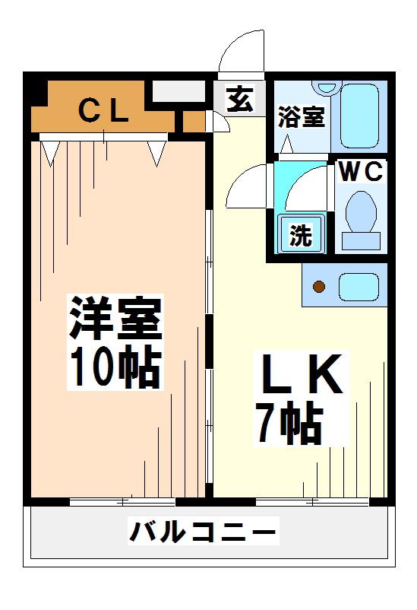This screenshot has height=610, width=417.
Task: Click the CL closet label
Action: click(103, 111)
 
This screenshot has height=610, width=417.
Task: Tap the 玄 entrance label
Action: click(240, 99)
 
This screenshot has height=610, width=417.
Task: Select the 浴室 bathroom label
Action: click(302, 116)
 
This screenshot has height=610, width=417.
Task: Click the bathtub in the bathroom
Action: click(359, 115)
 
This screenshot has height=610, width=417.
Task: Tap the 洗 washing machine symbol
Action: click(301, 234)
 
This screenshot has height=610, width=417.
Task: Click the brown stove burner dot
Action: click(319, 287)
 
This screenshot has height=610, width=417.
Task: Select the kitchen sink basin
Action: click(359, 286)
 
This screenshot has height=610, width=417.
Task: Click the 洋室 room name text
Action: click(115, 318)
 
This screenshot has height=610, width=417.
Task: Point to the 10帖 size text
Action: click(116, 367)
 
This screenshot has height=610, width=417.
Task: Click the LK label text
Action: click(302, 374)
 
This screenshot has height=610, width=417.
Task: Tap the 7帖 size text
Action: click(289, 424)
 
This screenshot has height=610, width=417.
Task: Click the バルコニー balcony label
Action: click(203, 531)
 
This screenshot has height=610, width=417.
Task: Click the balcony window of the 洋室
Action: click(122, 501)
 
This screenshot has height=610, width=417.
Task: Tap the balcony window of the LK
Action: click(312, 502)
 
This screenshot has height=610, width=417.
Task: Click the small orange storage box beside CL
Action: click(194, 122)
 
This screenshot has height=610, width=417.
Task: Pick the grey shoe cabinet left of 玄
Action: click(178, 91)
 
